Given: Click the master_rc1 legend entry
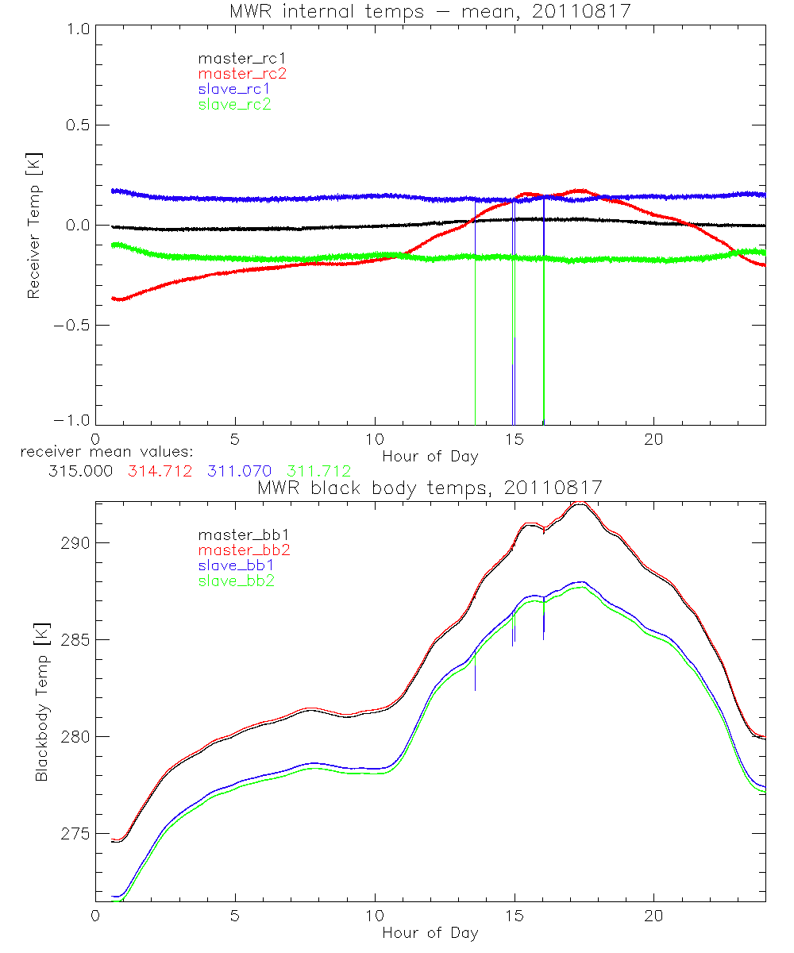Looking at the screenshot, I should pyautogui.click(x=234, y=58).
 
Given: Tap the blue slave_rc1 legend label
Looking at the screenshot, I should pyautogui.click(x=234, y=88).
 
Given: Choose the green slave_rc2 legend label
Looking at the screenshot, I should pyautogui.click(x=234, y=103).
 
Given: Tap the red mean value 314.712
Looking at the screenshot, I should pyautogui.click(x=160, y=472).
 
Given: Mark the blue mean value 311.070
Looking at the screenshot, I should pyautogui.click(x=239, y=472).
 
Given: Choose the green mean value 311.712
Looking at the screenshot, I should pyautogui.click(x=318, y=472).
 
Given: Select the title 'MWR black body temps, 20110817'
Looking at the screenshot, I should pyautogui.click(x=430, y=488).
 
